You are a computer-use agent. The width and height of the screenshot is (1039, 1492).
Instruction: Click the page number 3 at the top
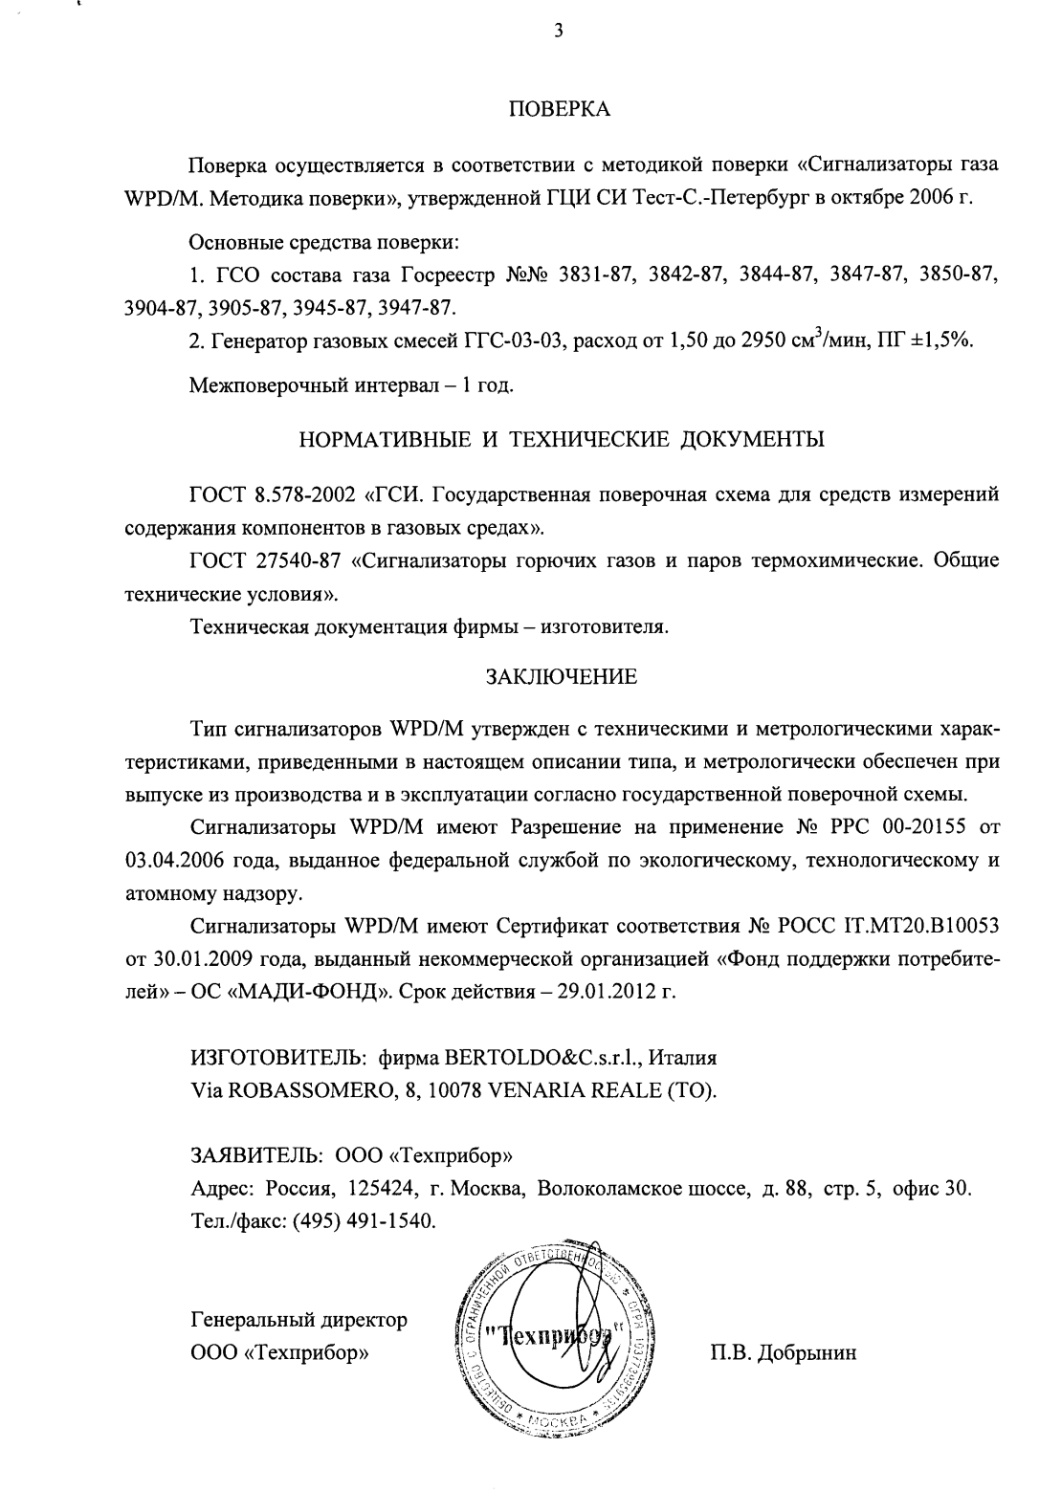(558, 32)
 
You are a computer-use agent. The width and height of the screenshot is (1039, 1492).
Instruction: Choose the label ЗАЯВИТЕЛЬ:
(251, 1155)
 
